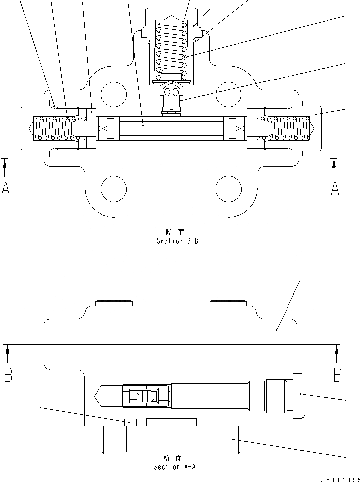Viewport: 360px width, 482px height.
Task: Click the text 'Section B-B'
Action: [x=177, y=241]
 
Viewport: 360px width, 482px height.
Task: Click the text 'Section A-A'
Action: [x=174, y=467]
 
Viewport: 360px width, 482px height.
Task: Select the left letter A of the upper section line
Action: [x=6, y=188]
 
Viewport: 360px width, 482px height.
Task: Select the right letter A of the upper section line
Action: [x=335, y=188]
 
